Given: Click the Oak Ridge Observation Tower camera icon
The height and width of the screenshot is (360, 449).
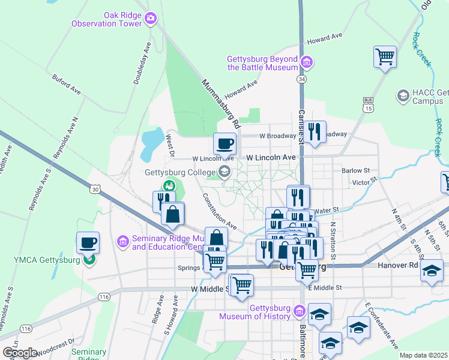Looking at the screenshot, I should pos(151,19).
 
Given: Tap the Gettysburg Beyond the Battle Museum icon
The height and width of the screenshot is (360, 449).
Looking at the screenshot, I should pos(307,62).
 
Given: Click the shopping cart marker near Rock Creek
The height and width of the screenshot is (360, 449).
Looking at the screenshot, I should pos(385,58).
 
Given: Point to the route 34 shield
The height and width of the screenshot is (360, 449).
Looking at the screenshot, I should pos(301,79).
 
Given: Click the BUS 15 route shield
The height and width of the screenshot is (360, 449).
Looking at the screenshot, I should pos(369,104).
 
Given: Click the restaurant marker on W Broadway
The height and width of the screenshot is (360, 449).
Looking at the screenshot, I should pos(315,131).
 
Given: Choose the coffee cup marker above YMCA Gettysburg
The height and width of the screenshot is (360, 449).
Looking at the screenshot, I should pos(88,243).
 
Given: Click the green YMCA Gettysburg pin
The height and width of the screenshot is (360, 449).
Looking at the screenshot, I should pos(89,259).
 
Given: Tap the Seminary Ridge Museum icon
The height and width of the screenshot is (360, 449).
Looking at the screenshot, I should pos(123,241).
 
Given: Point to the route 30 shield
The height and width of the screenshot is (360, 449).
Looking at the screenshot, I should pos(95,189).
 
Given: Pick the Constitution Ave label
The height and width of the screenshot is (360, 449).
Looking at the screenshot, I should pos(219,211).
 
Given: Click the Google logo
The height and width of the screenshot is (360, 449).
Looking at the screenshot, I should pos(20,352).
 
